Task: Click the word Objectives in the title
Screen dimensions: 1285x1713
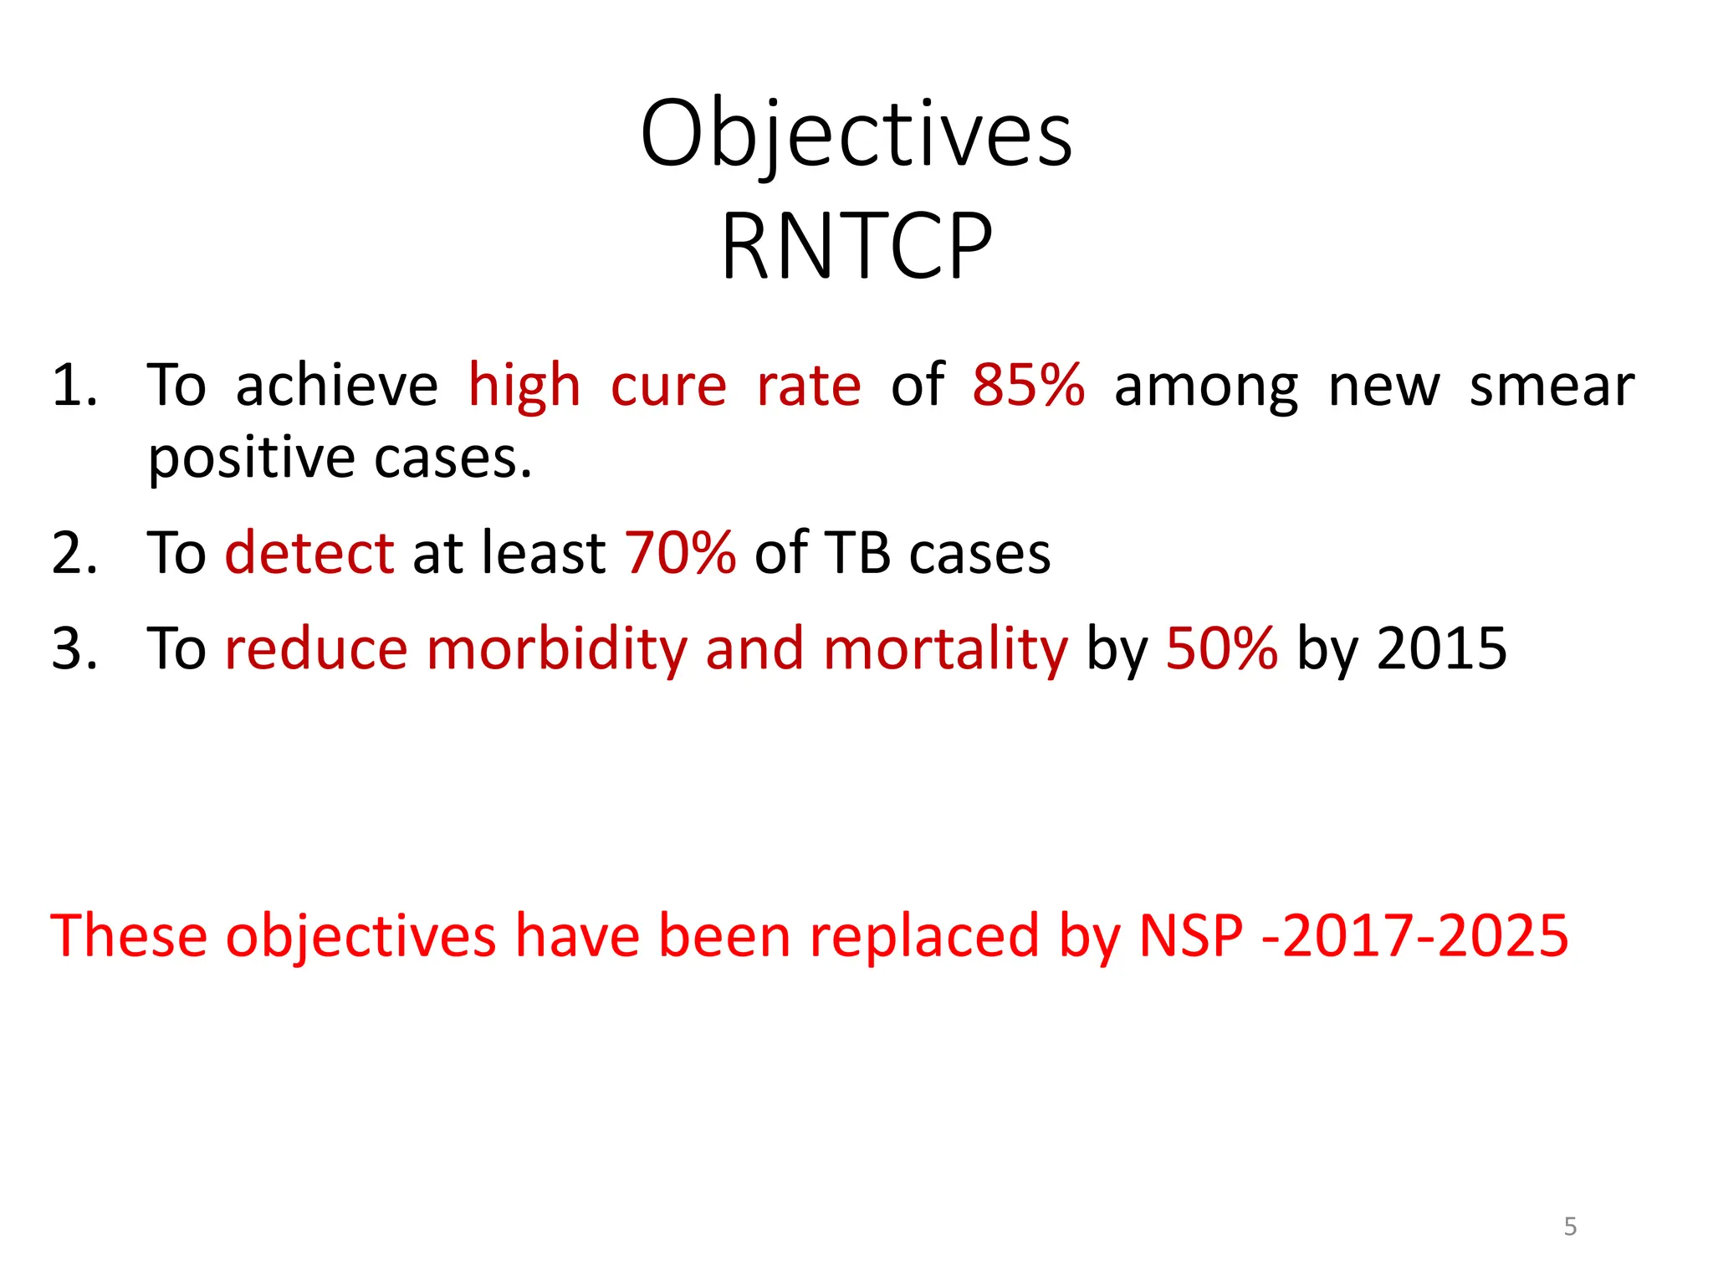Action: (856, 134)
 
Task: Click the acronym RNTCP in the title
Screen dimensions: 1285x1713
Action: (856, 246)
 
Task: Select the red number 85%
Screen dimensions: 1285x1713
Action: (1028, 386)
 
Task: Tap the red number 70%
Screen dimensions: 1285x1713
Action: (680, 553)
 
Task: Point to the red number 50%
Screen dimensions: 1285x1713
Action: (1221, 648)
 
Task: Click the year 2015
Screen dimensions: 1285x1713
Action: (1441, 648)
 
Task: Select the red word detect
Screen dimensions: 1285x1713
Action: (309, 553)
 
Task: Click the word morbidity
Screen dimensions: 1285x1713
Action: (557, 648)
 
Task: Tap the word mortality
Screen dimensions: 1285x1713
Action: (945, 648)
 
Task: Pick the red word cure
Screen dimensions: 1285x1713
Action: (668, 386)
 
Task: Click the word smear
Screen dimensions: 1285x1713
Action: (1552, 386)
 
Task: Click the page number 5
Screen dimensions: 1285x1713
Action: (1570, 1226)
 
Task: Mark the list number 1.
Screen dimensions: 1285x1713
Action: (74, 386)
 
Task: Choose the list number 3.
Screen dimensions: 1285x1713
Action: (74, 648)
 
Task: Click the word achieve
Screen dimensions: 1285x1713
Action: (336, 386)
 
